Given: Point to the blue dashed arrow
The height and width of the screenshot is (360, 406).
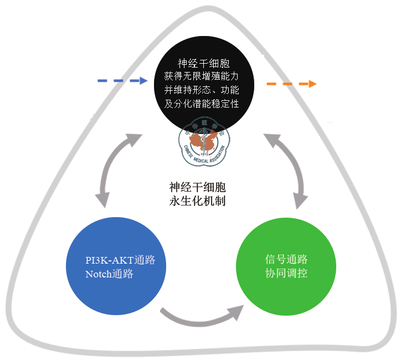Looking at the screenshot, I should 122,81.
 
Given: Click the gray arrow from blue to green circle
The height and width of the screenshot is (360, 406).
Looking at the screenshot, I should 202,318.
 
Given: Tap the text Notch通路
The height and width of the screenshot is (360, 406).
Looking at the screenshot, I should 109,274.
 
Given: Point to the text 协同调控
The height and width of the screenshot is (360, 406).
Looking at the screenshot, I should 286,274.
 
